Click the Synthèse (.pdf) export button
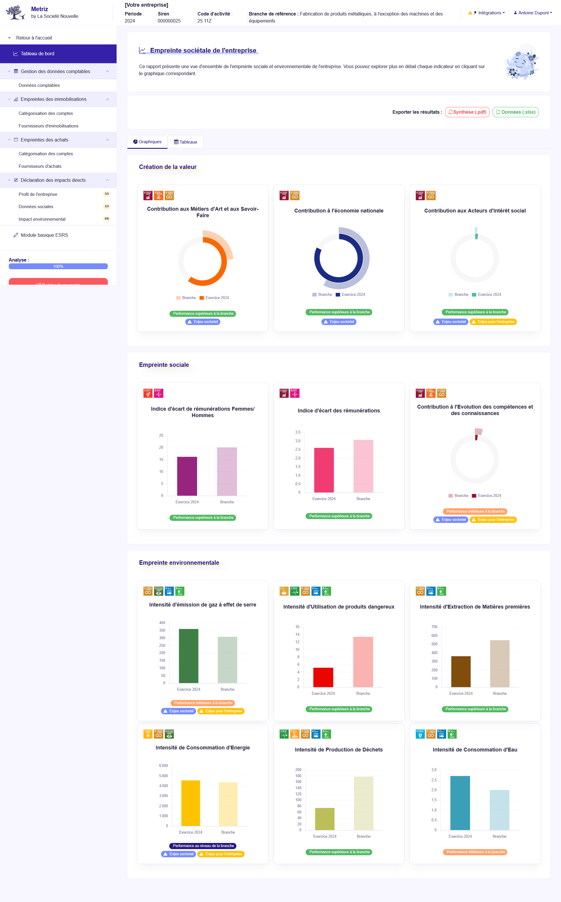[x=467, y=112]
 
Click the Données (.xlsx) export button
[x=515, y=112]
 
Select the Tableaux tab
[x=186, y=142]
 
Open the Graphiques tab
[x=147, y=142]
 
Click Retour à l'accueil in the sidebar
[x=34, y=38]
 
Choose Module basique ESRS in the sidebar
[x=44, y=235]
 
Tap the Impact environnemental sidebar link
[x=42, y=219]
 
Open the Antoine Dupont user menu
[x=533, y=13]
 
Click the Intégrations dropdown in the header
[x=487, y=13]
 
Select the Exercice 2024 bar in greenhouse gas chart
[x=188, y=656]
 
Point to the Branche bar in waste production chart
[x=363, y=803]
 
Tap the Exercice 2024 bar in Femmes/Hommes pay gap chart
[x=187, y=476]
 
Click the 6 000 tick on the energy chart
[x=163, y=766]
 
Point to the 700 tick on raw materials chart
[x=434, y=627]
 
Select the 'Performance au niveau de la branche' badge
[x=203, y=846]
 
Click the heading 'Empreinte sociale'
[x=164, y=365]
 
